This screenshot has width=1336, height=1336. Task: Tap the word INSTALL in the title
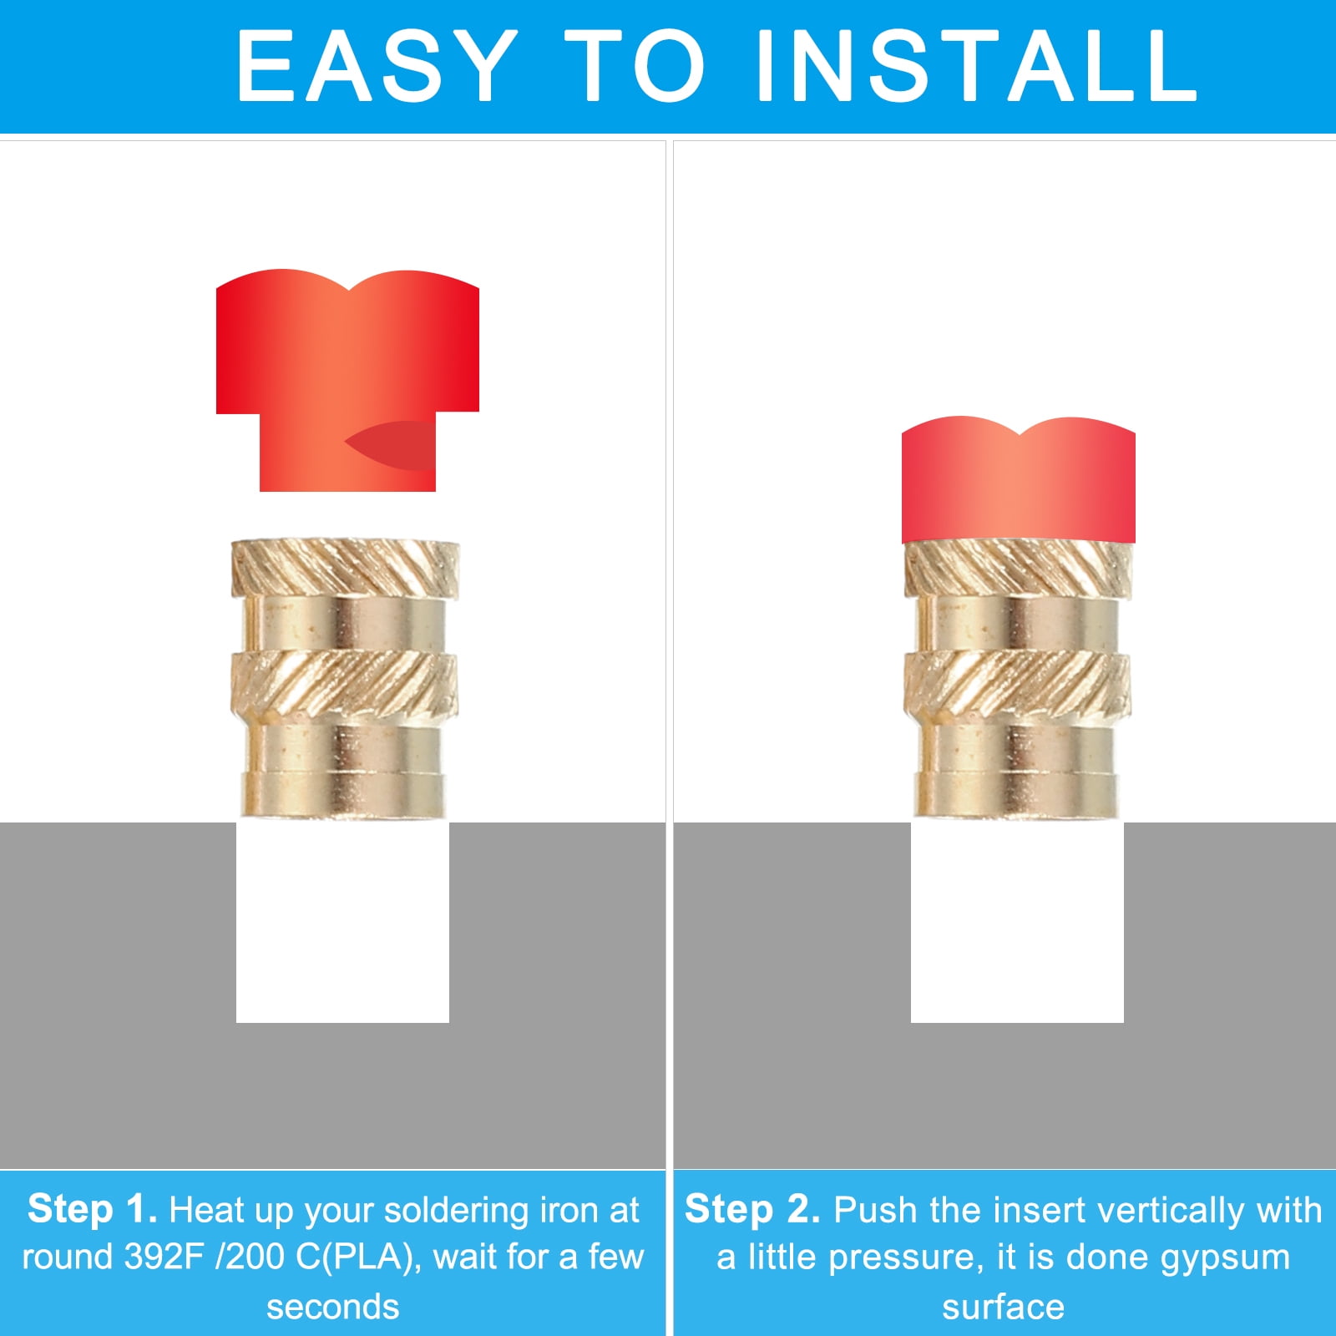coord(976,66)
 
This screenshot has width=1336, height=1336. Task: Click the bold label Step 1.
coord(92,1209)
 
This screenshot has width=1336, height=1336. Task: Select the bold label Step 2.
coord(752,1209)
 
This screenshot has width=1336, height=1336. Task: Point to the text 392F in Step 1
coord(164,1257)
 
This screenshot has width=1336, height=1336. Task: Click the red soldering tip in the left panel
coord(347,380)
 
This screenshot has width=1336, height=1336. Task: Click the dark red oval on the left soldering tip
coord(391,446)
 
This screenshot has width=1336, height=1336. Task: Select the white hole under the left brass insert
coord(342,922)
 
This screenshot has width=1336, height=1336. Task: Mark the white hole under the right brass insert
coord(1017,922)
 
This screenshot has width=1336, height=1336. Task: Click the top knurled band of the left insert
coord(345,567)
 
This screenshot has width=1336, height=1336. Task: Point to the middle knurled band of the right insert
coord(1018,684)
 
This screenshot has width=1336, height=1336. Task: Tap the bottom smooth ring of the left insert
coord(343,794)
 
